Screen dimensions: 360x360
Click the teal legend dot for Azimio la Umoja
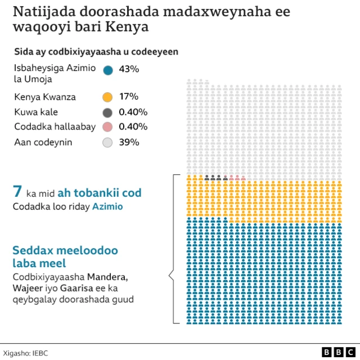[108, 70]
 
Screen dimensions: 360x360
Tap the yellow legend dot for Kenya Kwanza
[108, 97]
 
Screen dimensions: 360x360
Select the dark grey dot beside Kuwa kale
[108, 112]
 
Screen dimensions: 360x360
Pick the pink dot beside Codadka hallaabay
[108, 127]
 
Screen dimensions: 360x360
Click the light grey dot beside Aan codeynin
[108, 142]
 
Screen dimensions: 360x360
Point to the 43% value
[129, 69]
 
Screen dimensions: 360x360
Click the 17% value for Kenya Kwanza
[129, 97]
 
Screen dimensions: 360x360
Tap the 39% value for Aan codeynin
[129, 142]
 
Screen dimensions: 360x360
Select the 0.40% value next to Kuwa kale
[133, 112]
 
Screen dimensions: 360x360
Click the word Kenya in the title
[115, 27]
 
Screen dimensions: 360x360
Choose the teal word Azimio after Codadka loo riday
[107, 207]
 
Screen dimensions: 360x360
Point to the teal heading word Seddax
[33, 250]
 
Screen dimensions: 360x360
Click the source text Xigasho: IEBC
[25, 352]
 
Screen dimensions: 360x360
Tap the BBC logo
[334, 352]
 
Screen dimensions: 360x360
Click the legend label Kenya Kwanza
[45, 97]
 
